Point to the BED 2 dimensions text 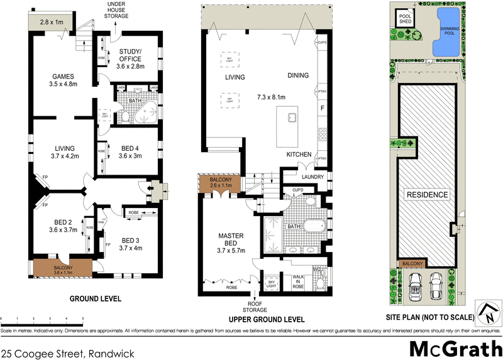(54, 230)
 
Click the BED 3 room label (131, 240)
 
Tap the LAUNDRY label (312, 177)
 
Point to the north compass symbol (487, 311)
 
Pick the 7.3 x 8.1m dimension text (271, 97)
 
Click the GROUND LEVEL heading (95, 298)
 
